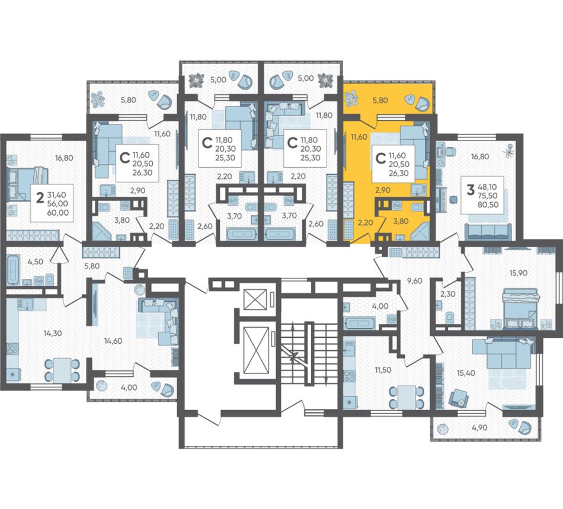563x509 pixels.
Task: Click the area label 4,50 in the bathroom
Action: tap(35, 262)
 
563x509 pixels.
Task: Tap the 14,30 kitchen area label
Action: tap(53, 333)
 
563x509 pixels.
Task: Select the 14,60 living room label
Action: tap(113, 341)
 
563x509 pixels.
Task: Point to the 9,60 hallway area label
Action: tap(415, 281)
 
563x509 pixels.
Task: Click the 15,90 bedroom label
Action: tap(519, 273)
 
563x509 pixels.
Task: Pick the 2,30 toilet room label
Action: tap(448, 294)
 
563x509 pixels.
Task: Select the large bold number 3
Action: tap(471, 189)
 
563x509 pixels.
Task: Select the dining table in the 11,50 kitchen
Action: tap(406, 397)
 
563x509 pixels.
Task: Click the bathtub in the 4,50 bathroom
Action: tap(13, 269)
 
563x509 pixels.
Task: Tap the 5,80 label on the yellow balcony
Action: tap(380, 101)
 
